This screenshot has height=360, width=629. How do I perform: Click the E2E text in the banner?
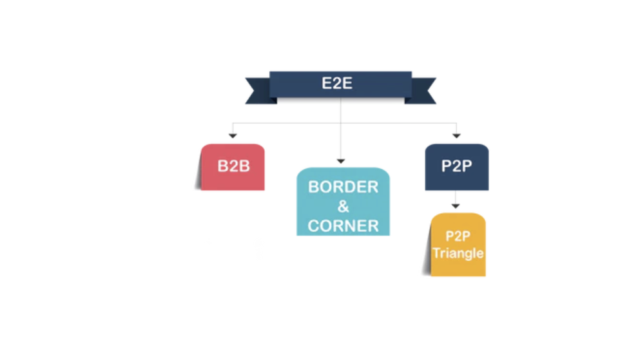pyautogui.click(x=337, y=83)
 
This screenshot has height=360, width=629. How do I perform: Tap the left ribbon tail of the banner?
pyautogui.click(x=257, y=91)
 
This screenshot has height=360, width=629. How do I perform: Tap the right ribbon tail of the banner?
pyautogui.click(x=423, y=91)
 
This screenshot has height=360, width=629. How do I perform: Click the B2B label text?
pyautogui.click(x=233, y=166)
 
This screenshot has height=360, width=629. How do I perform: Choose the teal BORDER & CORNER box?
pyautogui.click(x=343, y=202)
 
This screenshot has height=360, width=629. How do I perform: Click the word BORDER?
pyautogui.click(x=343, y=187)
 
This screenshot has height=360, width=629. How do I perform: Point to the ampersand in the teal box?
pyautogui.click(x=343, y=207)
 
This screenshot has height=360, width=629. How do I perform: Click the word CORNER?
pyautogui.click(x=343, y=226)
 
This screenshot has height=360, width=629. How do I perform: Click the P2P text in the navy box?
pyautogui.click(x=456, y=166)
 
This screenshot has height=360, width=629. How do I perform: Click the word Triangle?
pyautogui.click(x=458, y=252)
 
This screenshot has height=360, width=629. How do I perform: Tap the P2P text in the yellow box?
pyautogui.click(x=458, y=236)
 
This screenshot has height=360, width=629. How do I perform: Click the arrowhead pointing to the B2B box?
pyautogui.click(x=233, y=136)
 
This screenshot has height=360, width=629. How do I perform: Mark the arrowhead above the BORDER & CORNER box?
pyautogui.click(x=341, y=161)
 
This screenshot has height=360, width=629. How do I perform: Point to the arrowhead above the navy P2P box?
pyautogui.click(x=456, y=136)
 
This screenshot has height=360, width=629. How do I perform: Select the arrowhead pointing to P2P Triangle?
pyautogui.click(x=456, y=206)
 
